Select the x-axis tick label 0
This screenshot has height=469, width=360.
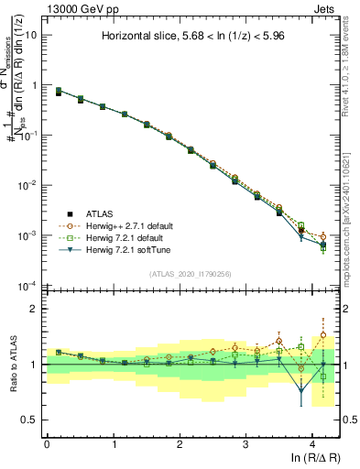coord(47,444)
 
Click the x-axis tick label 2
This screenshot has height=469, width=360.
coord(180,444)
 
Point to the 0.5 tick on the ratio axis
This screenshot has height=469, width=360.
coord(33,420)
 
